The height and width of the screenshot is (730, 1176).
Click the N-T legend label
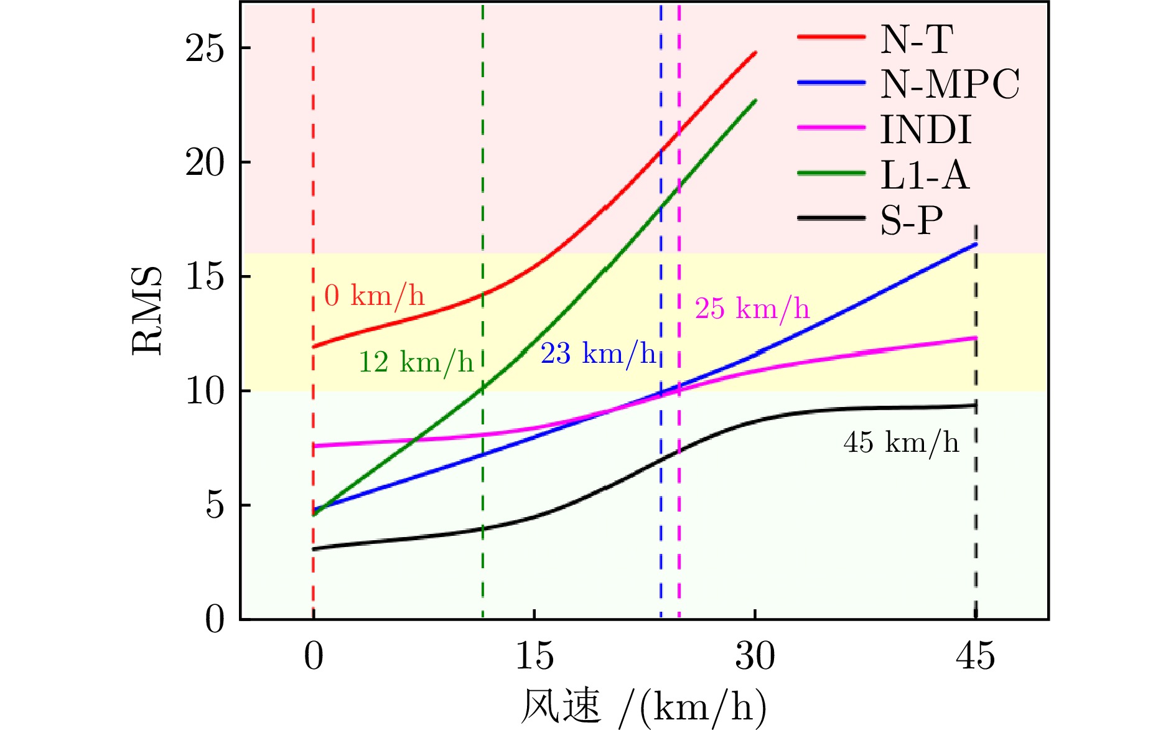click(x=916, y=39)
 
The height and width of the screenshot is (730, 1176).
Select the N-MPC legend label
click(x=950, y=84)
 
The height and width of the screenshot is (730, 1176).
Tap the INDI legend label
click(x=925, y=129)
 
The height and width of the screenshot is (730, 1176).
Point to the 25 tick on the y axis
click(x=205, y=48)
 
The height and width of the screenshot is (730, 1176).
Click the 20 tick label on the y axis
click(x=205, y=162)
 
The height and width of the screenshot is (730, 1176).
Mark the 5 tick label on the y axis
click(x=215, y=505)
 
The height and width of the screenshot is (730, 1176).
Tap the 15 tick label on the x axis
click(x=534, y=657)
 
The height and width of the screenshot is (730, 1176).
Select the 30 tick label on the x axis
click(x=755, y=657)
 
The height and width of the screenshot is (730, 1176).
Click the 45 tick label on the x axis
click(x=975, y=657)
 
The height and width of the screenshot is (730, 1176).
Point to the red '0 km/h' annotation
click(x=375, y=296)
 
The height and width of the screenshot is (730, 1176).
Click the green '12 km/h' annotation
click(x=416, y=362)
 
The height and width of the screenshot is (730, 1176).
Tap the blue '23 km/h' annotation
click(x=598, y=354)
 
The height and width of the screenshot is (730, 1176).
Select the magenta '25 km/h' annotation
click(x=752, y=309)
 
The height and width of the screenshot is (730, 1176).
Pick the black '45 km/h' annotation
click(x=901, y=443)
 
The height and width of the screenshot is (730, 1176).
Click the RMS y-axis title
click(x=147, y=311)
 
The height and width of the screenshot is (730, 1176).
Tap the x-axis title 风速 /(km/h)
click(x=643, y=707)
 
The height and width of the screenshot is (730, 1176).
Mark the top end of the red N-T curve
click(x=755, y=53)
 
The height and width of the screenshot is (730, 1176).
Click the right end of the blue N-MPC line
click(x=976, y=245)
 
